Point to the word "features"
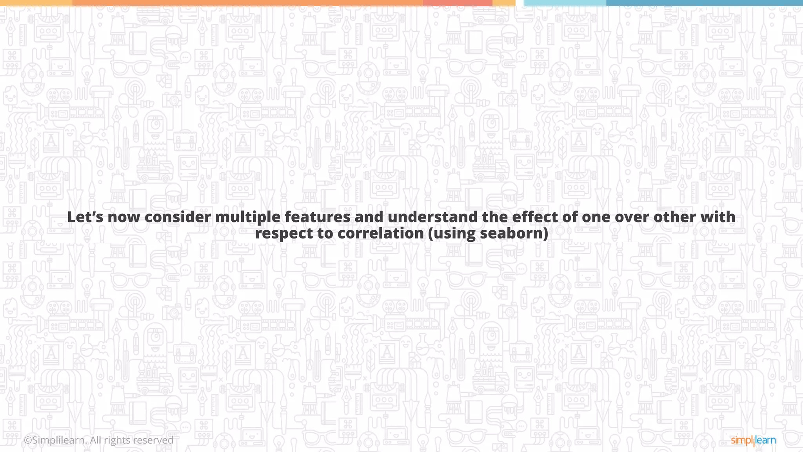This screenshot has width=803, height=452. coord(318,217)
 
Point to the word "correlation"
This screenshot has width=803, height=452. coord(380,233)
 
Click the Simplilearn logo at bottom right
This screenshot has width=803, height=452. coord(753,441)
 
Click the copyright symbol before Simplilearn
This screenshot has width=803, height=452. coord(28,441)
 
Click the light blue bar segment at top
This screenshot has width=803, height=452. coord(565,3)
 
